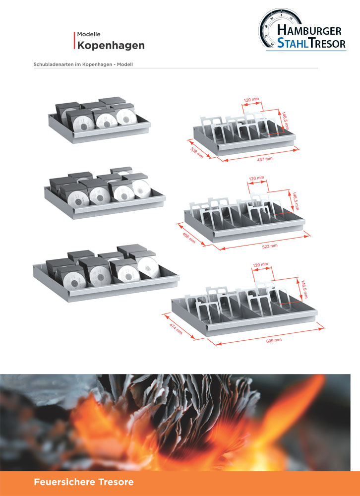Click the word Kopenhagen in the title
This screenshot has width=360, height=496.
(111, 46)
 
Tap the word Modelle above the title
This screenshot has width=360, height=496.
(89, 34)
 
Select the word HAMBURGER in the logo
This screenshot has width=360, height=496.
(309, 30)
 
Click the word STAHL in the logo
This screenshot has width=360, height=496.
(293, 43)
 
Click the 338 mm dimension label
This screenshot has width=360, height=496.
(197, 153)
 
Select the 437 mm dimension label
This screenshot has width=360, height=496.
(265, 159)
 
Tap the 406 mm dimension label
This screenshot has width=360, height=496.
(189, 238)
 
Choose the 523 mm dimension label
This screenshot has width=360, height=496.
(270, 246)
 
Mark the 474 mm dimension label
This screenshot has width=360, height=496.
(176, 329)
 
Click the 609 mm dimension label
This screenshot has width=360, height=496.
(274, 340)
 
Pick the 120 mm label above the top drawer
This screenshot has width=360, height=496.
(251, 100)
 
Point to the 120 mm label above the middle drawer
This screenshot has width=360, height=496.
(256, 179)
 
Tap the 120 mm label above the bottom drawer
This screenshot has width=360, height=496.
(260, 264)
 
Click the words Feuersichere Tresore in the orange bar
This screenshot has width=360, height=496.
(83, 482)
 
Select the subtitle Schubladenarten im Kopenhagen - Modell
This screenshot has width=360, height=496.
(83, 64)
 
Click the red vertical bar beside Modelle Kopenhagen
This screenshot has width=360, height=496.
(75, 41)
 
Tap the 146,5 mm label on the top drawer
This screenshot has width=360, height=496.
(285, 120)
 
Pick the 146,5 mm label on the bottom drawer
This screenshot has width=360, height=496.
(304, 289)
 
